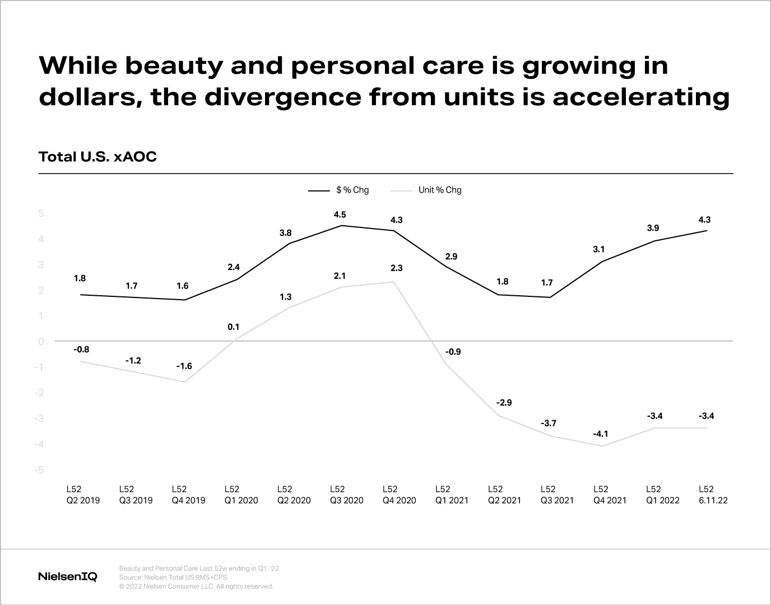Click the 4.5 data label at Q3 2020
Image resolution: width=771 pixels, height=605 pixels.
[x=340, y=215]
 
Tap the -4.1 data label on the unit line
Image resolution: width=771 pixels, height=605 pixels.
[x=600, y=434]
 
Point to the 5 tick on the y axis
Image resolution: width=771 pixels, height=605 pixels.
[x=41, y=213]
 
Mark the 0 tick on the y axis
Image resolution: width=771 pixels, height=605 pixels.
[x=41, y=342]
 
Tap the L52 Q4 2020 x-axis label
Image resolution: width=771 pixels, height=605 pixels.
[x=399, y=495]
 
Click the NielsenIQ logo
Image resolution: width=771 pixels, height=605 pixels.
[x=68, y=576]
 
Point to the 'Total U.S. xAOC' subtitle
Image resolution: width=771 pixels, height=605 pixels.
[x=97, y=157]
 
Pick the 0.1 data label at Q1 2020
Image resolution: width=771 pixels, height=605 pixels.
[x=234, y=327]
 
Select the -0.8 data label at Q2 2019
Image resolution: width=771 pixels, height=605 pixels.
[x=81, y=350]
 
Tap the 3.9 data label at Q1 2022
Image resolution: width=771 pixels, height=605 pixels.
[x=653, y=228]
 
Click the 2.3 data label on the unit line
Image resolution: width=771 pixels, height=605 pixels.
[x=396, y=268]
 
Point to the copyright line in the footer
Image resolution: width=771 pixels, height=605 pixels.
[x=196, y=587]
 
